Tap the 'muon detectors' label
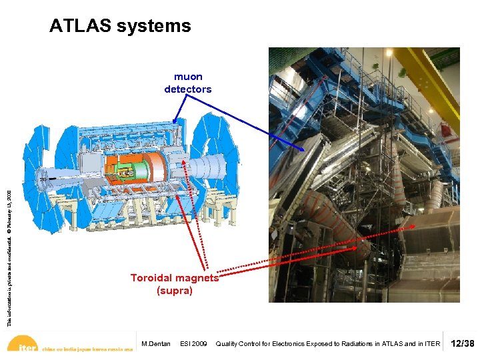188,83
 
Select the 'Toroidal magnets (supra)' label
175,284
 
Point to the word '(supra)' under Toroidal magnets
175,291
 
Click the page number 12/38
463,343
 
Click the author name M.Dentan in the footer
156,344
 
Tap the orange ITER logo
24,345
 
